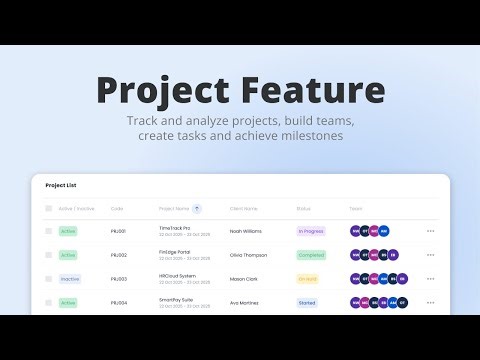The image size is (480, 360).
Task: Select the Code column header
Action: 117,209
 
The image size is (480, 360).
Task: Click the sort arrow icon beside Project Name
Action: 197,209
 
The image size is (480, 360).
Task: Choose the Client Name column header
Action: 244,209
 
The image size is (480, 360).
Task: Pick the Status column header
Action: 304,209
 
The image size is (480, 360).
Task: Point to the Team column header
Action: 356,209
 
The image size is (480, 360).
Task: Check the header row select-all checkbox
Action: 48,209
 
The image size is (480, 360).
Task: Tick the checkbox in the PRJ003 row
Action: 48,279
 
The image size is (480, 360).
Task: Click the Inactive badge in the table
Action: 69,279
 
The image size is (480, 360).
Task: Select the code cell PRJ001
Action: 119,231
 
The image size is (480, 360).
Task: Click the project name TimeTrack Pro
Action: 174,228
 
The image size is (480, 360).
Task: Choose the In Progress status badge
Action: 312,231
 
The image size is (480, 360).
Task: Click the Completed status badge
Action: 312,255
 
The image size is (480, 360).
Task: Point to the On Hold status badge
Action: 308,279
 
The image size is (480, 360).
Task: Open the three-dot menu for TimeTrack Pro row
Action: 431,231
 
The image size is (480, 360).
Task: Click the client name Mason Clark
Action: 244,279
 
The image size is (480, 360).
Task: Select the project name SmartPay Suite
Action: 176,299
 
